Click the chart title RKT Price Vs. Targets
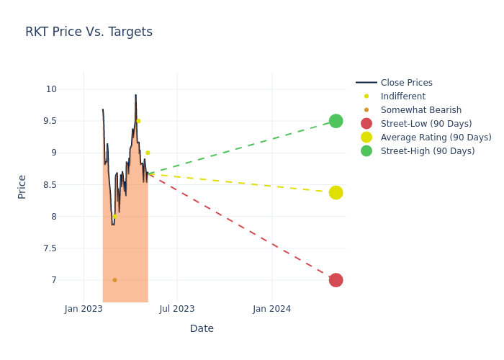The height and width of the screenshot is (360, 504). point(89,32)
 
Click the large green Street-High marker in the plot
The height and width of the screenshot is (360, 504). point(336,121)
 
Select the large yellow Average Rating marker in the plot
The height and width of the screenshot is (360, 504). point(336,192)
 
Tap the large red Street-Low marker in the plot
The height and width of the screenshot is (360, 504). point(336,280)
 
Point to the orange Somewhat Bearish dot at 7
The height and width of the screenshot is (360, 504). point(114,280)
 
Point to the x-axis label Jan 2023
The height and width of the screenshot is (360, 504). point(84,309)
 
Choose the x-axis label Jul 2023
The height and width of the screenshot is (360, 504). point(177,309)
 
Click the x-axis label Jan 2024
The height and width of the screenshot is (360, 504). point(272,309)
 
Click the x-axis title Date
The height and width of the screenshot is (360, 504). point(202,328)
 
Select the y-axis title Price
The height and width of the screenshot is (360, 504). point(22,186)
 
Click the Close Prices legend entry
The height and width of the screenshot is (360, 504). point(406,83)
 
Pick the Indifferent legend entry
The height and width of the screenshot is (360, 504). point(402,96)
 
